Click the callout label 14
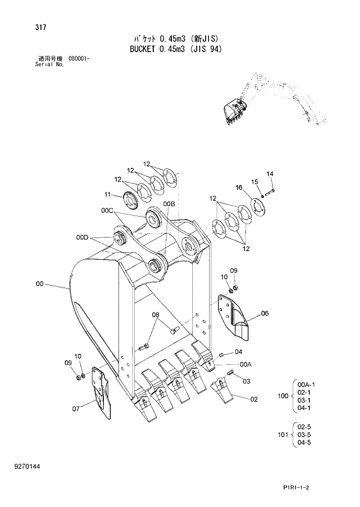click(x=270, y=173)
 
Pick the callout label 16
click(x=239, y=187)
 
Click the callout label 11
click(x=107, y=194)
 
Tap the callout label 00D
click(x=82, y=237)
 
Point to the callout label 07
click(x=76, y=409)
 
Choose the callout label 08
click(x=156, y=315)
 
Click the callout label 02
click(x=253, y=399)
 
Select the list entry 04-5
click(x=304, y=443)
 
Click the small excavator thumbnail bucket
click(x=235, y=110)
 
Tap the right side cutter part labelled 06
click(x=235, y=317)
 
